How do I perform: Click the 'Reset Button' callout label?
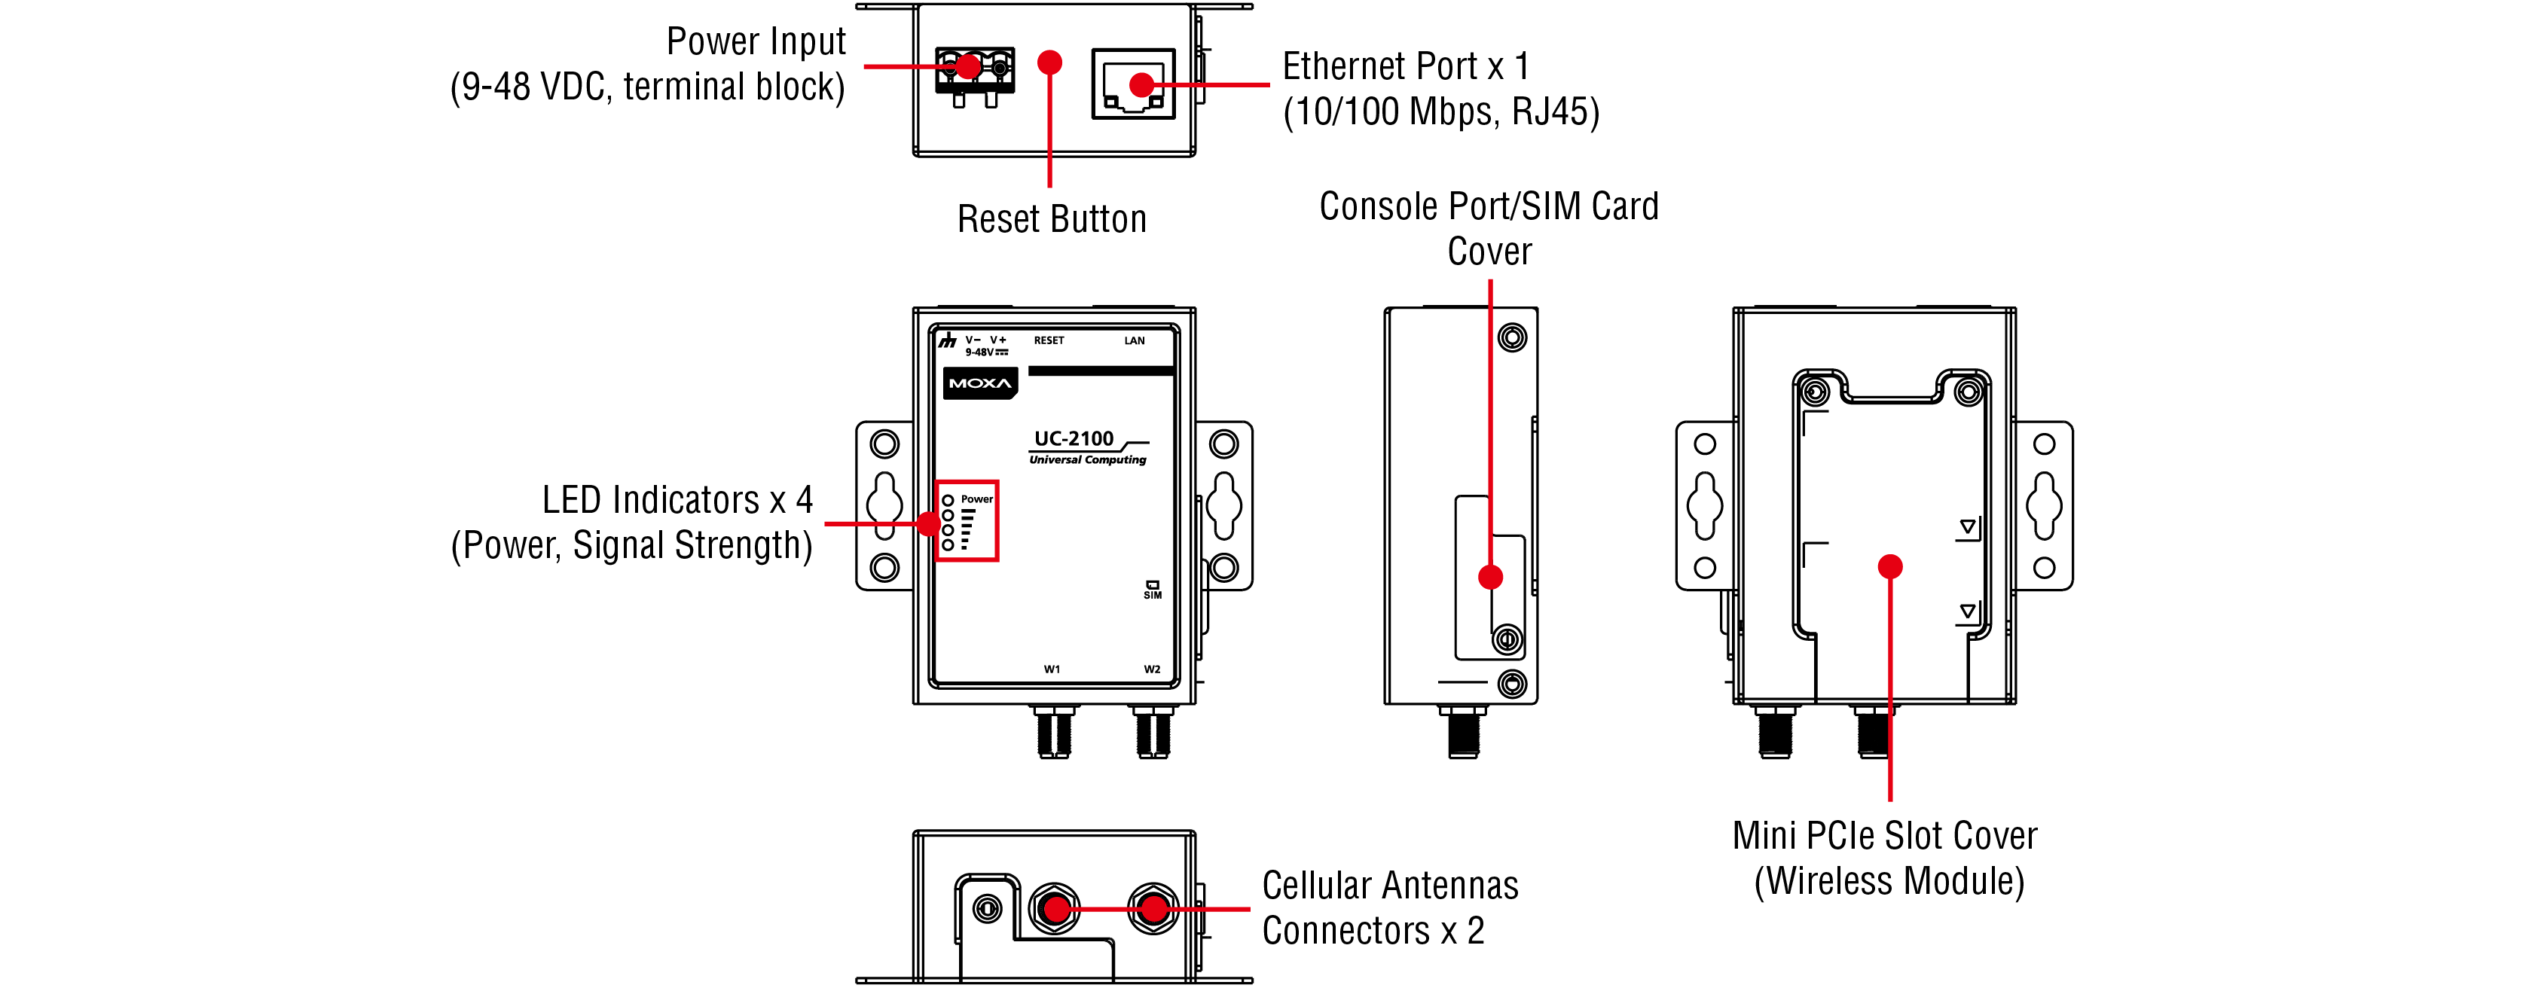point(1051,219)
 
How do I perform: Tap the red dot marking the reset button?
point(1049,63)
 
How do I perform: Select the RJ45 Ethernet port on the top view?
point(1132,84)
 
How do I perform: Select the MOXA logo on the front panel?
point(979,383)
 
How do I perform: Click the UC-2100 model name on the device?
point(1074,439)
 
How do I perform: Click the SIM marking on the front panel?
point(1153,590)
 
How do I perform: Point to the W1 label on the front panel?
point(1051,669)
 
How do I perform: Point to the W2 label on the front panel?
point(1152,669)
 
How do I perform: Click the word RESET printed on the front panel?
point(1048,341)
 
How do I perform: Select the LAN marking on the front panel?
point(1134,341)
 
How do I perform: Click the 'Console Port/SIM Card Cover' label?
point(1489,228)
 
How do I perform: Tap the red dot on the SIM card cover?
point(1489,577)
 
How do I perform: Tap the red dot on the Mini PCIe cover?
point(1889,566)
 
